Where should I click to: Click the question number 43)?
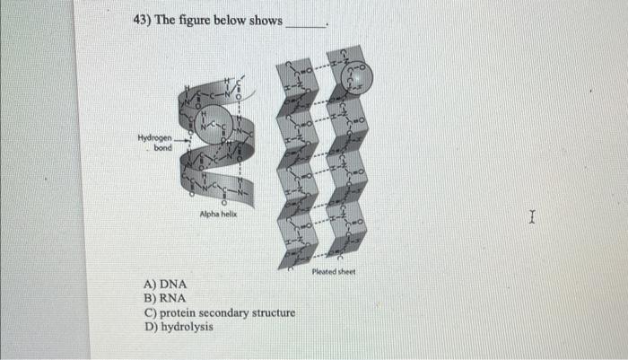coord(142,20)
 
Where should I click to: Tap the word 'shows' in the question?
coord(263,20)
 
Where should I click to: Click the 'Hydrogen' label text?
coord(156,138)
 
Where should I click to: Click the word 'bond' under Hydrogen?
coord(163,148)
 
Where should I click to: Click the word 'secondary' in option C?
coord(230,312)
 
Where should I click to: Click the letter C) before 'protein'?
coord(150,312)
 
